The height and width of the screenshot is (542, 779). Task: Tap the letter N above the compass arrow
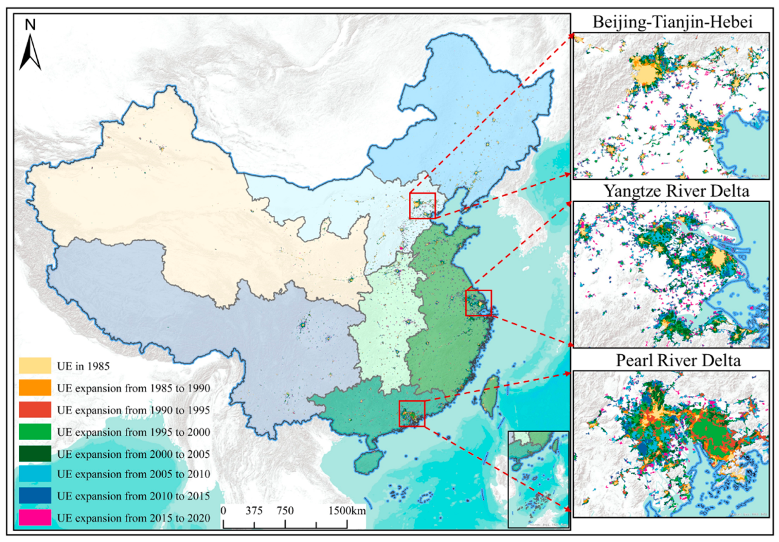(31, 25)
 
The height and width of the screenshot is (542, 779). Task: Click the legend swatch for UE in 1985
(35, 366)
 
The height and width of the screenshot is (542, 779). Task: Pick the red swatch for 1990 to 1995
(35, 410)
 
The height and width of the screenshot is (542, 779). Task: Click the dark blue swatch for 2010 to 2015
(35, 496)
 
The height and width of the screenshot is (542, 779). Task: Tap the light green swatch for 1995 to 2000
(35, 432)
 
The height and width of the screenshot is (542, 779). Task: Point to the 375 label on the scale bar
(254, 511)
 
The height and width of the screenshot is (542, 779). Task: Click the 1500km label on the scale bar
(347, 511)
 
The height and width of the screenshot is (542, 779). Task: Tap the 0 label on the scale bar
(223, 511)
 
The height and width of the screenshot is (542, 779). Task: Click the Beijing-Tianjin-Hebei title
(673, 22)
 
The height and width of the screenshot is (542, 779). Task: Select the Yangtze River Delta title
(677, 191)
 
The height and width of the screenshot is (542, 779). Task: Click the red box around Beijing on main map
(422, 206)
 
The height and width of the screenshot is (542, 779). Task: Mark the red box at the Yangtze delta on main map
(478, 303)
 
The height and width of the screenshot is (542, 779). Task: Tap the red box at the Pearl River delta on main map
(412, 413)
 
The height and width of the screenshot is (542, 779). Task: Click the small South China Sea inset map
(538, 479)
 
